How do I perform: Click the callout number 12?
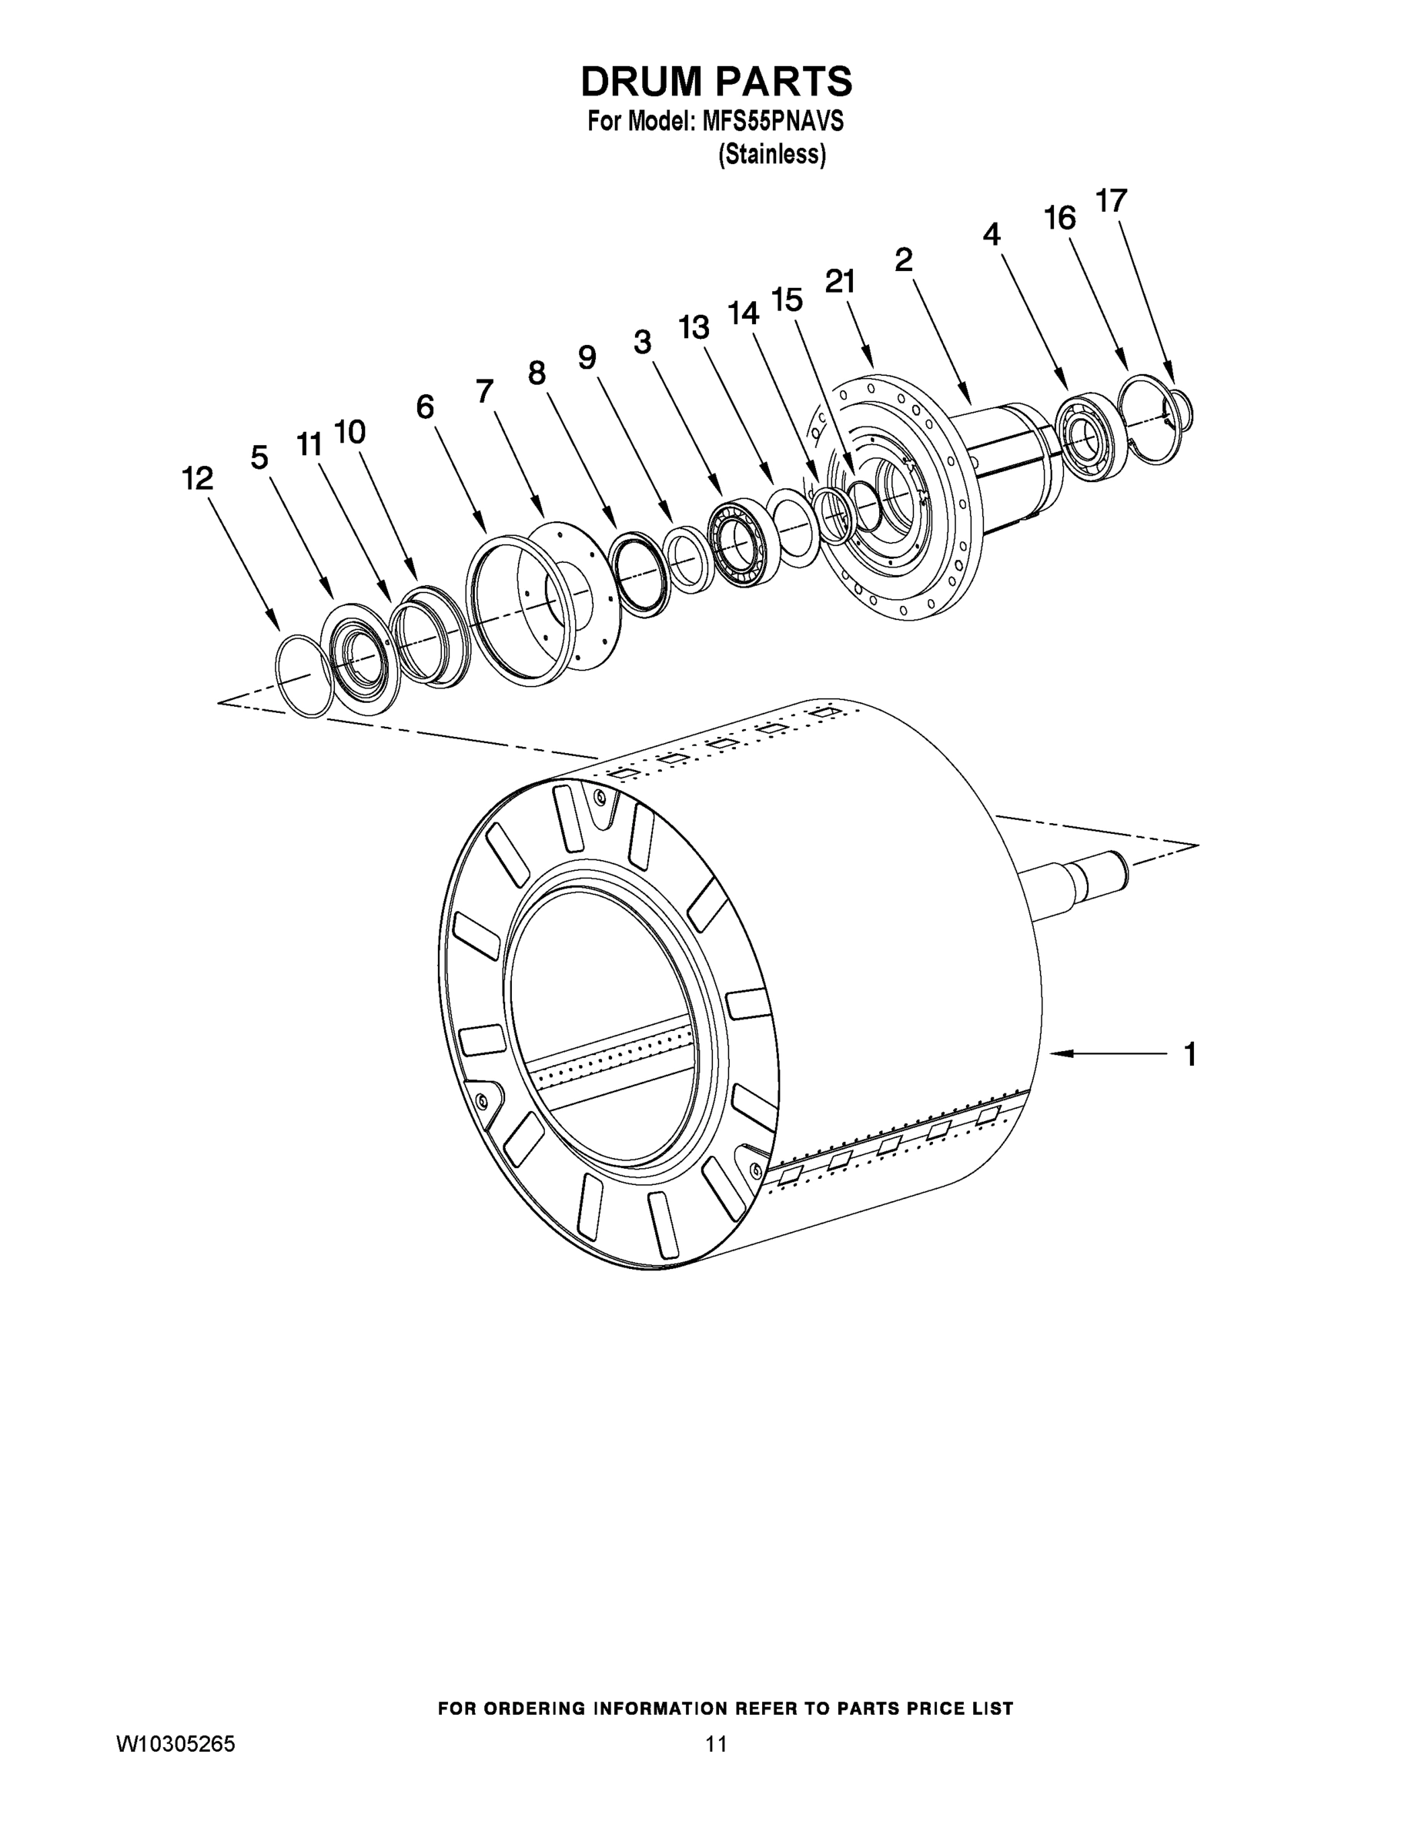coord(197,480)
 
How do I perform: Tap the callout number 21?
coord(840,282)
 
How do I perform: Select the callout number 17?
coord(1111,202)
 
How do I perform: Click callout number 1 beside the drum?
coord(1189,1054)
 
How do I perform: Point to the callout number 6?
coord(425,407)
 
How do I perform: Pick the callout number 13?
coord(693,326)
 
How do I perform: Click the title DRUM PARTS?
coord(716,81)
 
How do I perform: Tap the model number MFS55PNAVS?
coord(772,122)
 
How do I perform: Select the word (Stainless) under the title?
coord(771,155)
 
